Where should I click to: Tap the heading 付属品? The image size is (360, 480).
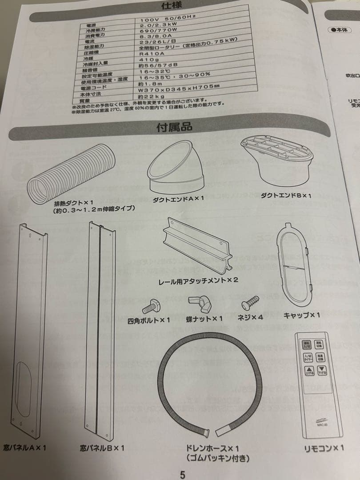pos(174,127)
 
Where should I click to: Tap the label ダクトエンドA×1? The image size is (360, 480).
pos(178,198)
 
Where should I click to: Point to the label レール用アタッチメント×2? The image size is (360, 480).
pos(199,280)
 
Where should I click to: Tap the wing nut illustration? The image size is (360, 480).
pos(199,304)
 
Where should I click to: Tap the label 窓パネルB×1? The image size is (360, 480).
pos(102,448)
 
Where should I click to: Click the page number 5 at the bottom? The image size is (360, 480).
pos(182,474)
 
